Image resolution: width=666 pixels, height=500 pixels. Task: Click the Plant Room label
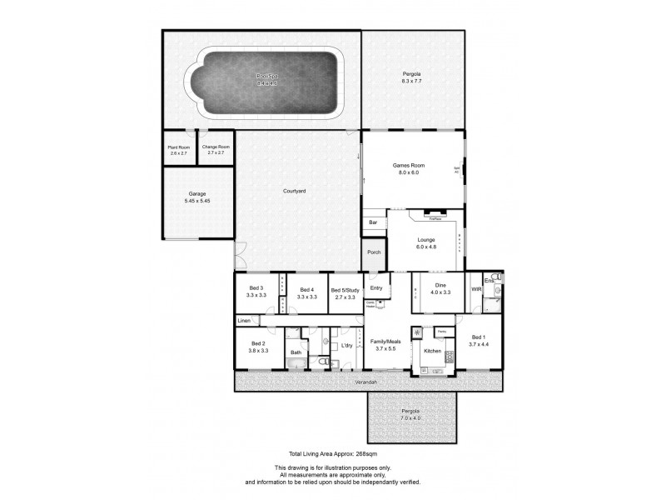[x=179, y=147]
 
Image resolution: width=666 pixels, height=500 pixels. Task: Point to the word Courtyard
[x=294, y=192]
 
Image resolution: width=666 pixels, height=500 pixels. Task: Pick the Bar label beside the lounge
[x=373, y=222]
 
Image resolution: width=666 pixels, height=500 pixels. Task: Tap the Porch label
[x=375, y=252]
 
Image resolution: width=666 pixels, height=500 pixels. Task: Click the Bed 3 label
[x=255, y=288]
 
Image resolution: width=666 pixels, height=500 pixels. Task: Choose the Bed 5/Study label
[x=343, y=289]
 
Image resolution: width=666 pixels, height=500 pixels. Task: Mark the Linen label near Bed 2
[x=243, y=321]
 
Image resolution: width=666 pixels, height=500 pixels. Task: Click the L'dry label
[x=346, y=345]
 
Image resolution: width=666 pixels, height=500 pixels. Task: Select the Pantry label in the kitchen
[x=441, y=332]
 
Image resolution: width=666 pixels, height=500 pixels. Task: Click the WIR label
[x=476, y=289]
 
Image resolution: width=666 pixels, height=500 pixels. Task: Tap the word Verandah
[x=368, y=382]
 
